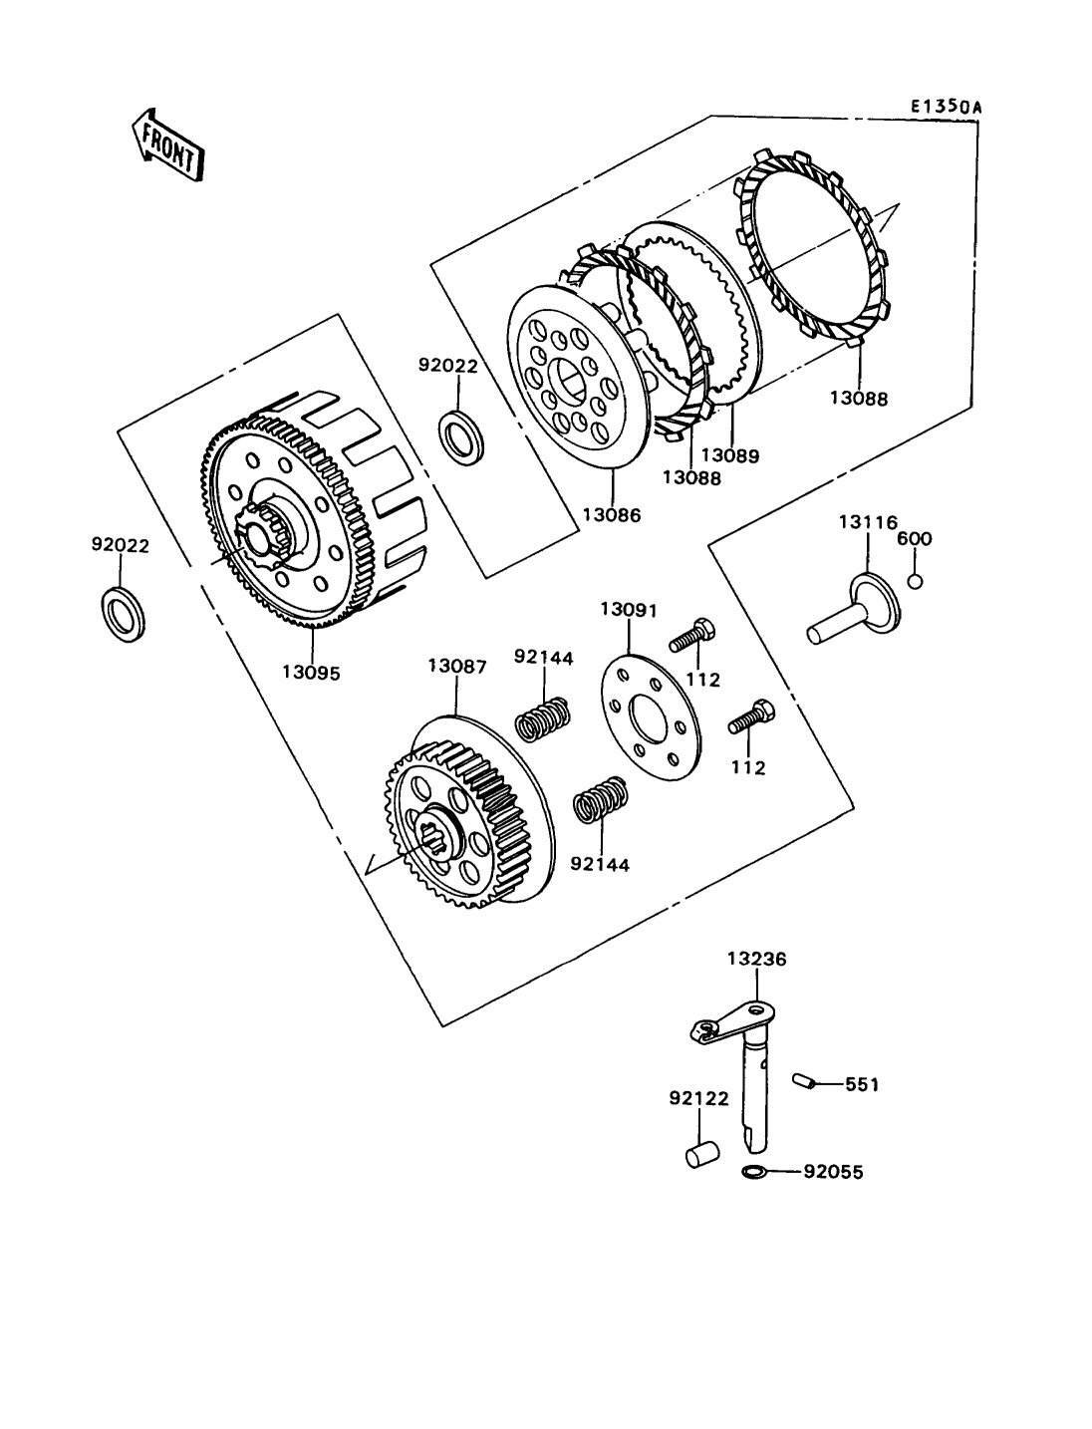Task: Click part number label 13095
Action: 311,673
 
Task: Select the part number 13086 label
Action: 611,515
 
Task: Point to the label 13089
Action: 730,455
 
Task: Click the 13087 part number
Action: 457,667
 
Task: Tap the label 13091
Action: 629,610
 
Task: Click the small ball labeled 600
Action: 916,581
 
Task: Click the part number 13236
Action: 757,959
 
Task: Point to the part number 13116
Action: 868,522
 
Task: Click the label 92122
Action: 698,1098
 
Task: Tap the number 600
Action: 915,538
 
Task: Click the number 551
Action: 862,1084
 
